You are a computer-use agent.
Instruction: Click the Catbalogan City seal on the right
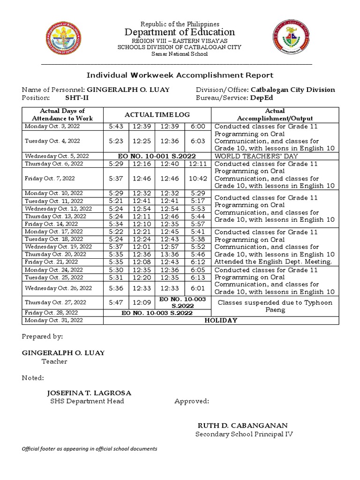point(291,38)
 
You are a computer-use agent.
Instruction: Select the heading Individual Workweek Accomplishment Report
point(180,75)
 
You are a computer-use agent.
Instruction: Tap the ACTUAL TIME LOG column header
point(157,115)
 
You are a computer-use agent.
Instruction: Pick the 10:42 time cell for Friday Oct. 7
point(197,179)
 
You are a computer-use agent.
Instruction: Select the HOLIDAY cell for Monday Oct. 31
point(221,320)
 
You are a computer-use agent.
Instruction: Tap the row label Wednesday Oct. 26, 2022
point(59,288)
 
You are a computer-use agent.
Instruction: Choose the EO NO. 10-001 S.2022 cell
point(157,156)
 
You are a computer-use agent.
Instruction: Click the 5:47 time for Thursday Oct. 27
point(116,302)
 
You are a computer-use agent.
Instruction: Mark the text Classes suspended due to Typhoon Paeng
point(275,306)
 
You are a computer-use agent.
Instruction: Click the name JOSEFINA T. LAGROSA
point(89,393)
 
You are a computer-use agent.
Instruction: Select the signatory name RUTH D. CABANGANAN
point(242,426)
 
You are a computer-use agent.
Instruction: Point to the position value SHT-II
point(76,98)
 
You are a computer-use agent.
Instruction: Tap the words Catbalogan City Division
point(293,90)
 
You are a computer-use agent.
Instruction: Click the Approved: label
point(192,401)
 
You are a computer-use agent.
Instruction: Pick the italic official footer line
point(90,449)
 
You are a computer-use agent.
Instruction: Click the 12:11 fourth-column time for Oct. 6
point(197,164)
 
